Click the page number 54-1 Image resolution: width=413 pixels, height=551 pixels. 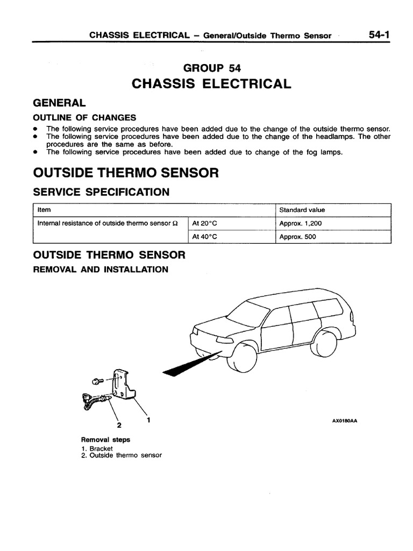(x=380, y=35)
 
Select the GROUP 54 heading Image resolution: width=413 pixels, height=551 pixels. (x=212, y=68)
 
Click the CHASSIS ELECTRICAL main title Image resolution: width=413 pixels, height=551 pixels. (x=212, y=83)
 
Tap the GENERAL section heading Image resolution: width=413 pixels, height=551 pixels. (x=59, y=103)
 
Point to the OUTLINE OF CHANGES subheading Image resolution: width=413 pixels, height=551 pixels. (x=84, y=118)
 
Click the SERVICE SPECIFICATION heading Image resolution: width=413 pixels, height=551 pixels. (x=101, y=192)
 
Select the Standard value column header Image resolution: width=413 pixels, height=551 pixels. (x=302, y=210)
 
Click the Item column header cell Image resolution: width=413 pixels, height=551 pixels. (x=44, y=210)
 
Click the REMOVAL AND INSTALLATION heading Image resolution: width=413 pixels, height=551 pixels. (x=101, y=269)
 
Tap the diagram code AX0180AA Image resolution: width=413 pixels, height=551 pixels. (x=345, y=421)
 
